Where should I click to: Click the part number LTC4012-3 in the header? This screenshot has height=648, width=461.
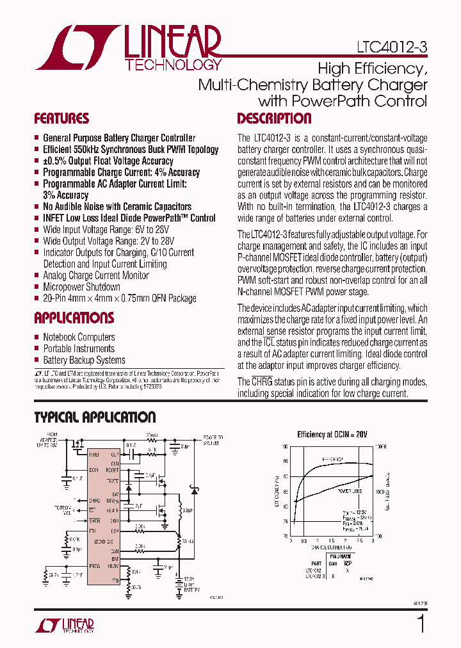click(392, 47)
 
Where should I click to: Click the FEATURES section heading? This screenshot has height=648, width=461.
click(61, 118)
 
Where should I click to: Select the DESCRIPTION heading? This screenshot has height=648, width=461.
click(274, 118)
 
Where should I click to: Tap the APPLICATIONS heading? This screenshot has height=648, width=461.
click(74, 318)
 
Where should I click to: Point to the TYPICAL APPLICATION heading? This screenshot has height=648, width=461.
click(95, 417)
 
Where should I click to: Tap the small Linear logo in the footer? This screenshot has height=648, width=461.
click(63, 625)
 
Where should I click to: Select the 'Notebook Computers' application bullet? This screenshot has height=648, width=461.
click(79, 337)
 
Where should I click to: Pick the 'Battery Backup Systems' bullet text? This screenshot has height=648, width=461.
click(84, 360)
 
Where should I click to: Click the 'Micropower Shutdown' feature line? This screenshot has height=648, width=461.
click(81, 287)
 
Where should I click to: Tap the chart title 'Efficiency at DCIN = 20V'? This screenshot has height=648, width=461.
click(332, 434)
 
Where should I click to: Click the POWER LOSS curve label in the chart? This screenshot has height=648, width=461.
click(349, 491)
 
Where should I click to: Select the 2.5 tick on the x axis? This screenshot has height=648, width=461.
click(360, 541)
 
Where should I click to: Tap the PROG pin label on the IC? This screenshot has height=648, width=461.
click(95, 566)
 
